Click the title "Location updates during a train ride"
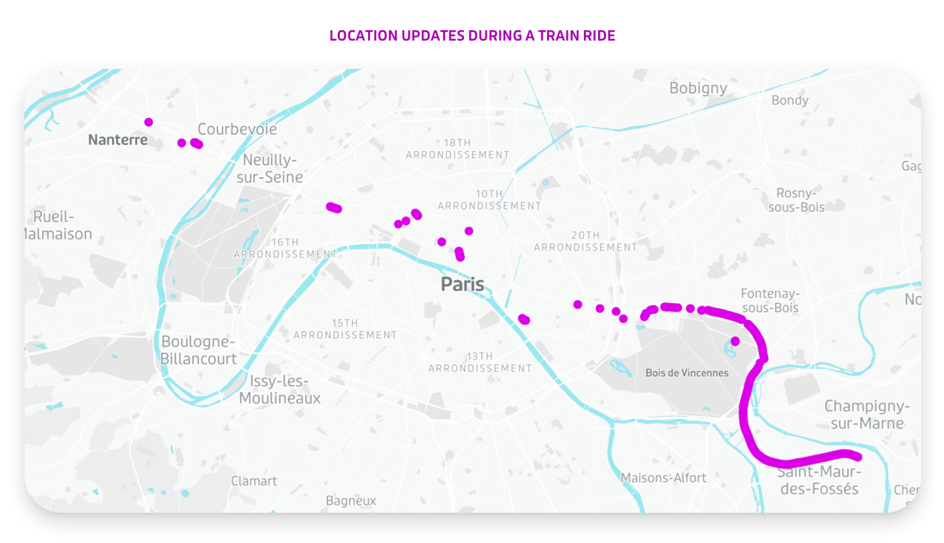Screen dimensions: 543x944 pyautogui.click(x=472, y=36)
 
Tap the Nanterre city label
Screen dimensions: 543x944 pyautogui.click(x=117, y=140)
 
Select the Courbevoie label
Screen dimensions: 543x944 pyautogui.click(x=237, y=129)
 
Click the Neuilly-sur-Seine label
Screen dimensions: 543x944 pyautogui.click(x=270, y=168)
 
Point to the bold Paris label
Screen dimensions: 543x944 pyautogui.click(x=462, y=284)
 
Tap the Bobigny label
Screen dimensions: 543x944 pyautogui.click(x=698, y=88)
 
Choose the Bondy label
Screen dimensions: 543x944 pyautogui.click(x=790, y=100)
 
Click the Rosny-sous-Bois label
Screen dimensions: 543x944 pyautogui.click(x=796, y=200)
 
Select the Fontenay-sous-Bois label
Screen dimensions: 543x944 pyautogui.click(x=770, y=301)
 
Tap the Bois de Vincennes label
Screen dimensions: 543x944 pyautogui.click(x=686, y=373)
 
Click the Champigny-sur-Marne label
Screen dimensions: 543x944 pyautogui.click(x=867, y=414)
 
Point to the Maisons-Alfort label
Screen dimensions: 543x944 pyautogui.click(x=663, y=478)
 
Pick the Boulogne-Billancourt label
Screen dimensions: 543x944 pyautogui.click(x=199, y=350)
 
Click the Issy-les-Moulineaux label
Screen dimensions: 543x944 pyautogui.click(x=280, y=389)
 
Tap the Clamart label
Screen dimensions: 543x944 pyautogui.click(x=254, y=481)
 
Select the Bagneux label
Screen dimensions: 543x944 pyautogui.click(x=350, y=501)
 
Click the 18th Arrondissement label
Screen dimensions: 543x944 pyautogui.click(x=457, y=149)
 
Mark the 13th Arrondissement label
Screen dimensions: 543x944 pyautogui.click(x=479, y=362)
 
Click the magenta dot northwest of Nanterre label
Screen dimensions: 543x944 pyautogui.click(x=149, y=122)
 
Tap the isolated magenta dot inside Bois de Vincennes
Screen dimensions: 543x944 pyautogui.click(x=735, y=341)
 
